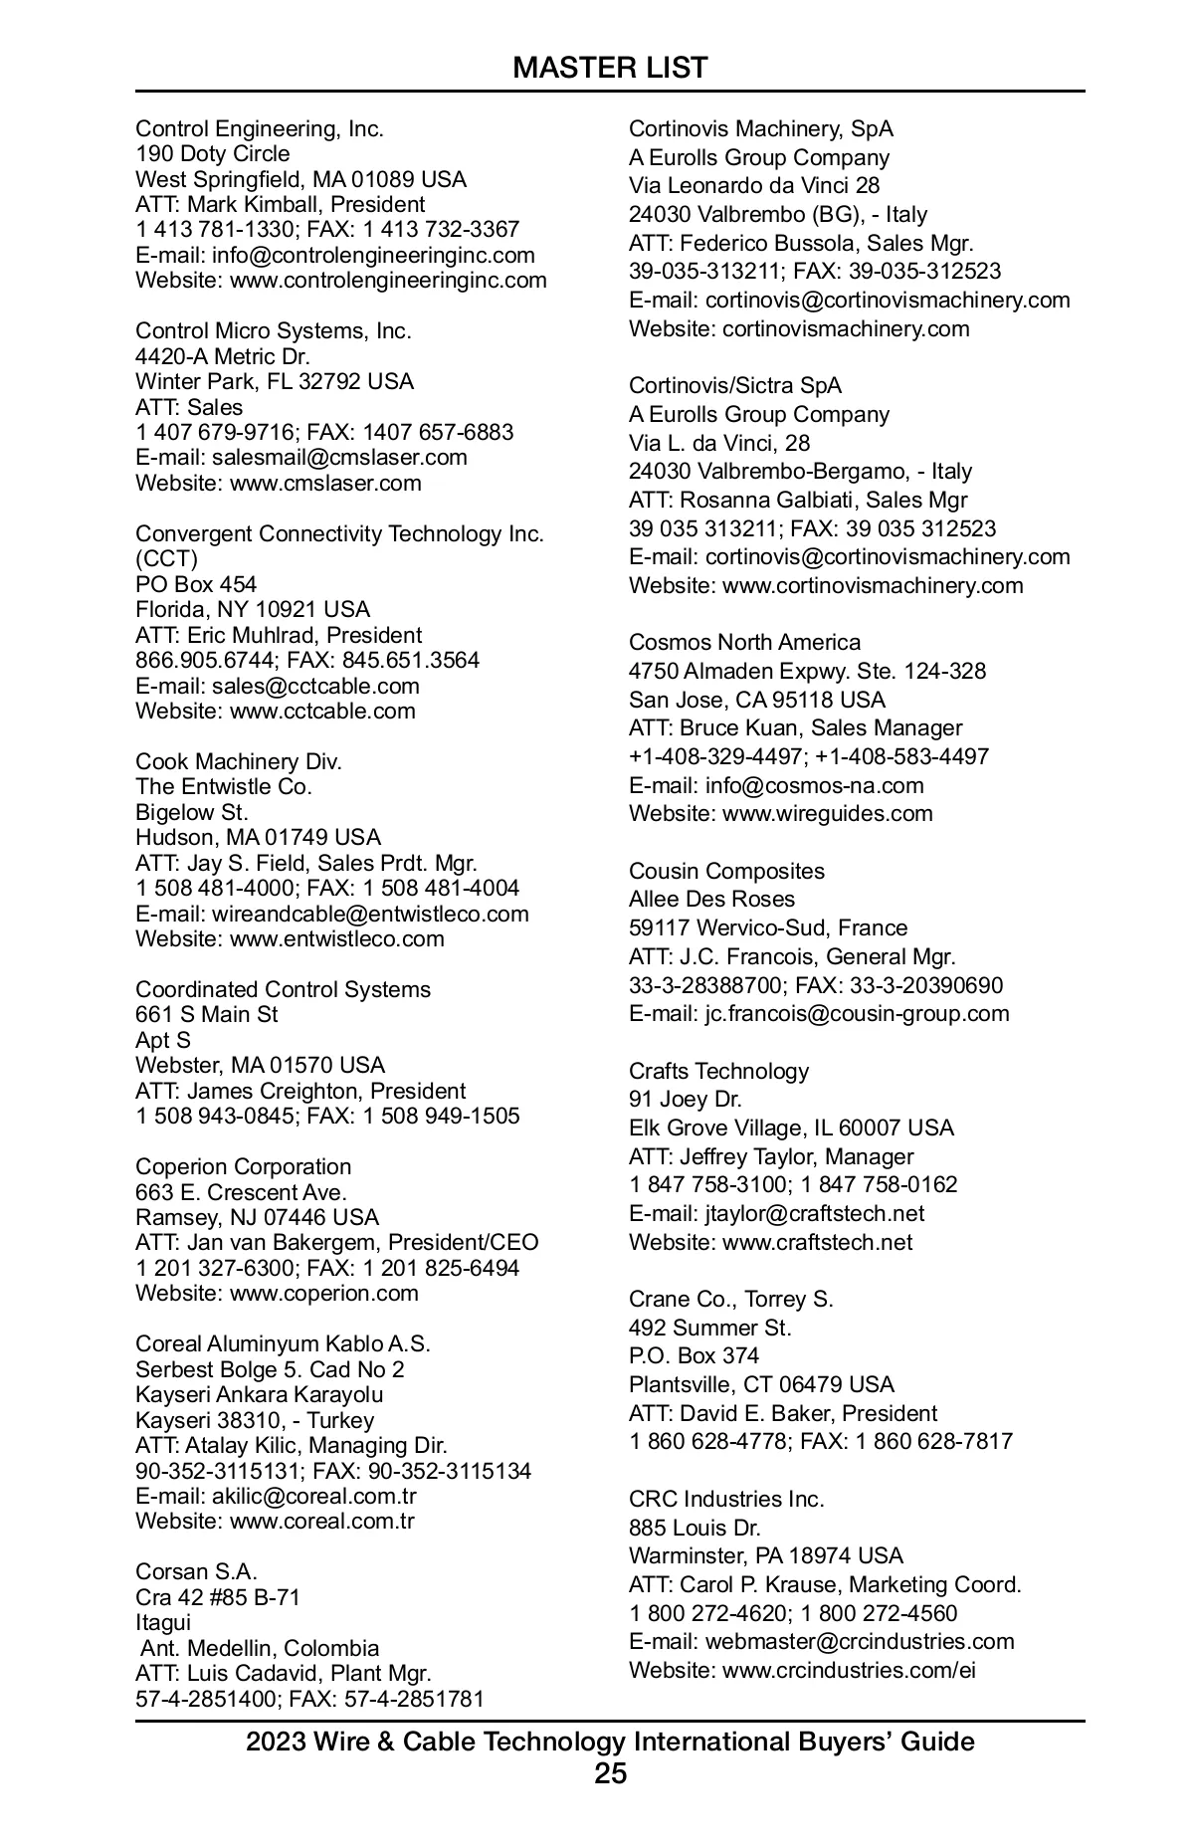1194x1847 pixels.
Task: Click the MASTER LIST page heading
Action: pos(610,68)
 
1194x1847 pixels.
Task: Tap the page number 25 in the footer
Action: pos(610,1773)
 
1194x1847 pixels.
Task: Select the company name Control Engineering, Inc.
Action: pos(260,128)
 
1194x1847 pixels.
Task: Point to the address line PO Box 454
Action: pos(196,584)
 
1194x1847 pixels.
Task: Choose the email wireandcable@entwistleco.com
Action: pos(370,914)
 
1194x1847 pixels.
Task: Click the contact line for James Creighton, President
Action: pos(300,1091)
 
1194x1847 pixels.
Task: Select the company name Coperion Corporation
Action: pos(243,1166)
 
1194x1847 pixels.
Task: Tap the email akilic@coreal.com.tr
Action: pos(313,1496)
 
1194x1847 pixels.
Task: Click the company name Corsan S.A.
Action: pos(196,1571)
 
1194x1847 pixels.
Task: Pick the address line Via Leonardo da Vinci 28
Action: pos(753,185)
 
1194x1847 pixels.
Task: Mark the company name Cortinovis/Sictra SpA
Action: pos(734,385)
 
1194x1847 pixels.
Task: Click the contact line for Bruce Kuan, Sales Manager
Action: pos(795,727)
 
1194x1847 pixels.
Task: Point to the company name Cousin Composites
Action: pos(726,871)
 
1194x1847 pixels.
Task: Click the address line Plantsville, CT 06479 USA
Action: pos(761,1384)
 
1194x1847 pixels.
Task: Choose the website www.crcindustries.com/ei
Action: pos(849,1670)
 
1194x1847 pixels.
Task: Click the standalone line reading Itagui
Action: pos(163,1622)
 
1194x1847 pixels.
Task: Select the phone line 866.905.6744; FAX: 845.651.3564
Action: pos(307,660)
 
